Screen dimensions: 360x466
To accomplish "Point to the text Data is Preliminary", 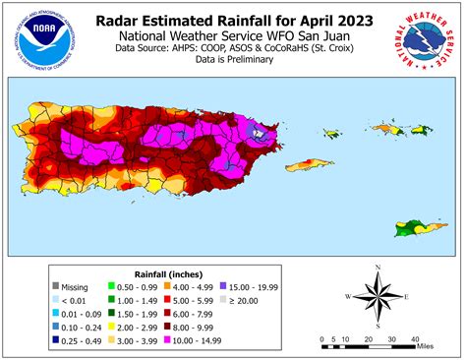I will [233, 58].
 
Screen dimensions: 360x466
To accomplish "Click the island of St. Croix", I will [412, 228].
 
